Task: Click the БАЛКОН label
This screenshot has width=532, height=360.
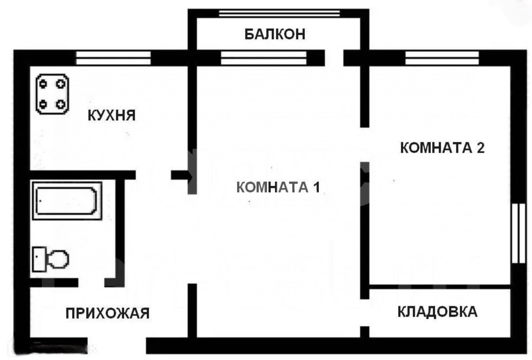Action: point(275,34)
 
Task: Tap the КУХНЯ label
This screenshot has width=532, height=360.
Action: point(111,115)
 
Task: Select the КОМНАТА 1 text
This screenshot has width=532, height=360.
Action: point(278,187)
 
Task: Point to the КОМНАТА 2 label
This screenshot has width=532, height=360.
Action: point(442,147)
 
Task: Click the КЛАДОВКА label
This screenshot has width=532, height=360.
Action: point(438,311)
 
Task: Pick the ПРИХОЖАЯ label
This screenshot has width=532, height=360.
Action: point(108,313)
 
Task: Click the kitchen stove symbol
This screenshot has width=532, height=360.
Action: point(52,94)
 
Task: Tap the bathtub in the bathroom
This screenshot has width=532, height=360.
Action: point(67,201)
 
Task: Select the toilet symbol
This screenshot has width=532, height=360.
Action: point(51,259)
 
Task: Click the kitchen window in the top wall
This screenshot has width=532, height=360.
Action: point(113,58)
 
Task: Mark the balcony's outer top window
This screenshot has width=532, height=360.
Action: point(279,13)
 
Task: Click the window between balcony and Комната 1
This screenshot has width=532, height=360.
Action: point(264,58)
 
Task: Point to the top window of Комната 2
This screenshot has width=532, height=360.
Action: point(442,58)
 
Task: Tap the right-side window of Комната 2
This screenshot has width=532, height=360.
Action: point(518,233)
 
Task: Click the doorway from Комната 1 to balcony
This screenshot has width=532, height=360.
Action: point(334,58)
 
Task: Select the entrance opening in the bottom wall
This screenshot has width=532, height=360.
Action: point(117,346)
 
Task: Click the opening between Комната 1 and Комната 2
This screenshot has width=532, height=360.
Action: point(365,145)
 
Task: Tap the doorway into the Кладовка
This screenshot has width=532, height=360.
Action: point(365,313)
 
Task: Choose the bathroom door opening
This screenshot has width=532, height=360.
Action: point(91,283)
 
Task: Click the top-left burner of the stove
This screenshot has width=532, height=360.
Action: point(43,84)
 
